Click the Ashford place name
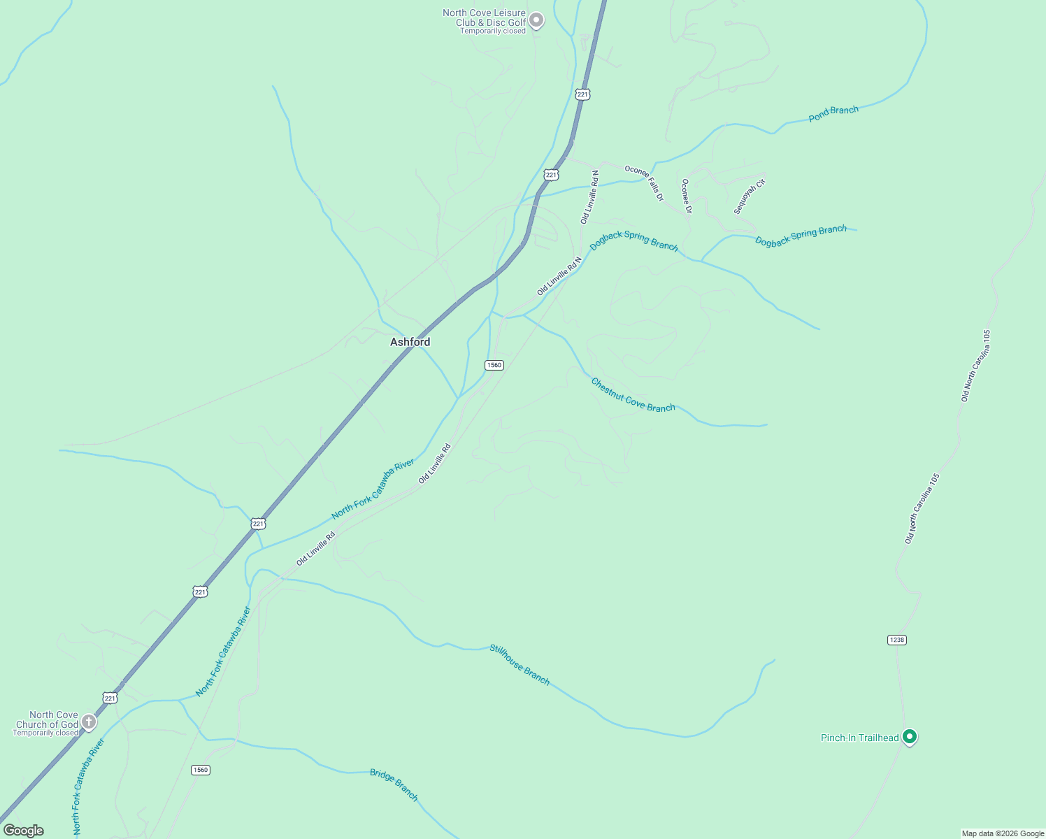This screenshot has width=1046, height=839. [410, 342]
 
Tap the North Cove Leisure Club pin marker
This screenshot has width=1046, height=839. [536, 20]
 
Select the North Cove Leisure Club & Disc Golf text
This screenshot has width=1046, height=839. [484, 18]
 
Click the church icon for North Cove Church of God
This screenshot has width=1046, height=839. [89, 722]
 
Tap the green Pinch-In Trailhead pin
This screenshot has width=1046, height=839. [909, 736]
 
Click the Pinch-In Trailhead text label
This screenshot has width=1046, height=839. [859, 738]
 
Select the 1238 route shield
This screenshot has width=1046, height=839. [897, 640]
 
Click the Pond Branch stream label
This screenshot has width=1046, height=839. [833, 114]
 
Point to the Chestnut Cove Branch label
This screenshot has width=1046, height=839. [633, 395]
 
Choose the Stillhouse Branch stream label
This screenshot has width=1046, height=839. [520, 664]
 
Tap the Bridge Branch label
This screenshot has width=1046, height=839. [394, 784]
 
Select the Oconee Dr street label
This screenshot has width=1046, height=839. [687, 196]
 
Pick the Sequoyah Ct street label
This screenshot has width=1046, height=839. [750, 196]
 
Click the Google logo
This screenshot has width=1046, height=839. [24, 831]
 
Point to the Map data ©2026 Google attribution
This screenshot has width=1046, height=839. [1003, 833]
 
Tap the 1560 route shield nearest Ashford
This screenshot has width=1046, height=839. [494, 365]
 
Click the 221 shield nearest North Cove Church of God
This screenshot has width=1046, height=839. [110, 698]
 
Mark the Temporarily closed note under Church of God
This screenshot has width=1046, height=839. [45, 733]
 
